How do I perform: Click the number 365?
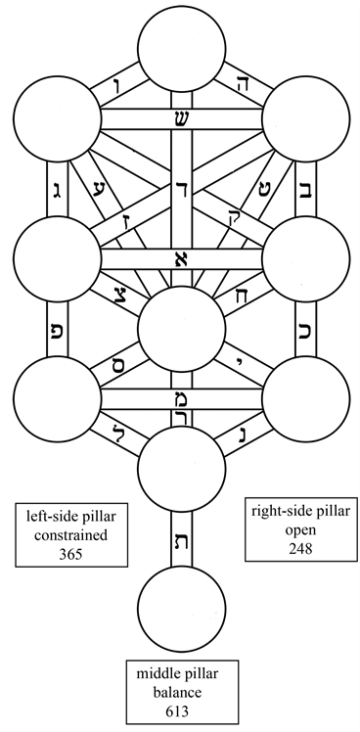pos(73,555)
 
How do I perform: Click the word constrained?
pos(73,535)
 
